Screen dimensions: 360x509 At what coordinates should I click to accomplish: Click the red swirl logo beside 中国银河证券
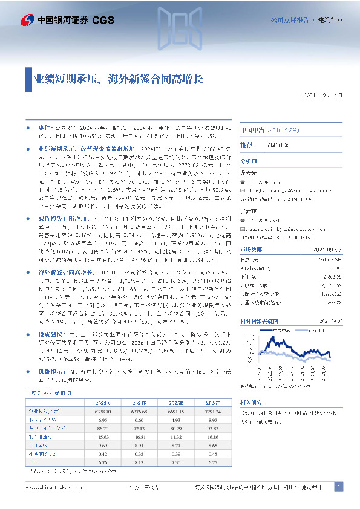[11, 19]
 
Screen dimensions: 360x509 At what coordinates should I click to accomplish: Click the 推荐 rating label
[246, 146]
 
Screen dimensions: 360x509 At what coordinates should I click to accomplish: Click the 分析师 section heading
[249, 162]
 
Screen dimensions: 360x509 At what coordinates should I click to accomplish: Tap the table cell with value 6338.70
[120, 394]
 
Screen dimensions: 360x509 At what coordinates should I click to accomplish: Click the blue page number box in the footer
[339, 487]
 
